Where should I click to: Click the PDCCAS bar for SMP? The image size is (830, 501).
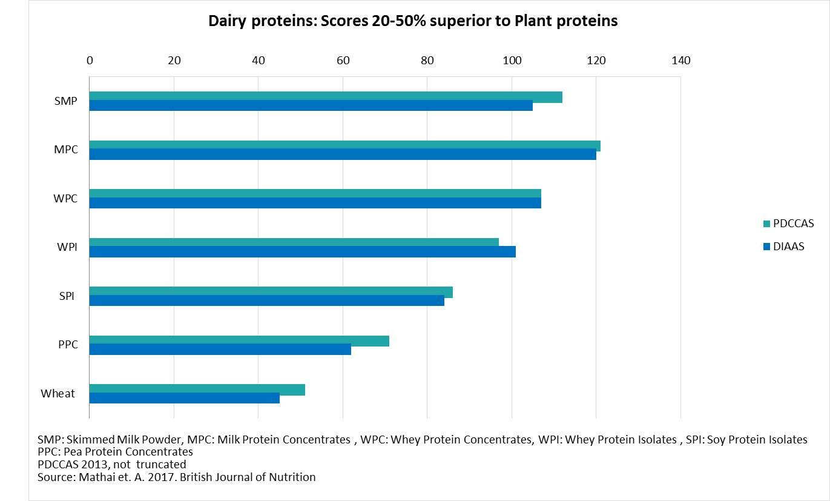click(x=326, y=96)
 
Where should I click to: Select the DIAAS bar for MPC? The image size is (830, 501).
click(x=343, y=154)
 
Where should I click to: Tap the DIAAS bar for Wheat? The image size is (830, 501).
click(x=185, y=398)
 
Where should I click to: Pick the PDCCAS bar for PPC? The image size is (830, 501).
click(x=239, y=340)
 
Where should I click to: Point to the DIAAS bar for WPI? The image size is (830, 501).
click(x=303, y=251)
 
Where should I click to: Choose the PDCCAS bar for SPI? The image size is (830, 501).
click(x=271, y=292)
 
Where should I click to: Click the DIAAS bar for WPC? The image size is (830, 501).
click(x=315, y=203)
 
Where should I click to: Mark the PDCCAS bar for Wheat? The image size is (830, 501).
click(x=197, y=389)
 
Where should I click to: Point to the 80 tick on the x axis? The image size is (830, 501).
click(x=427, y=61)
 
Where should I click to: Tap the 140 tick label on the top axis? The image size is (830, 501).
click(x=680, y=61)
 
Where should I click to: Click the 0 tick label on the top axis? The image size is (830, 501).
click(x=90, y=61)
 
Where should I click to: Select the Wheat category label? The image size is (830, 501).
click(x=58, y=394)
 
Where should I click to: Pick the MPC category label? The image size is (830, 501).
click(x=66, y=150)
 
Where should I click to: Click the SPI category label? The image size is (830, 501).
click(x=67, y=296)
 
